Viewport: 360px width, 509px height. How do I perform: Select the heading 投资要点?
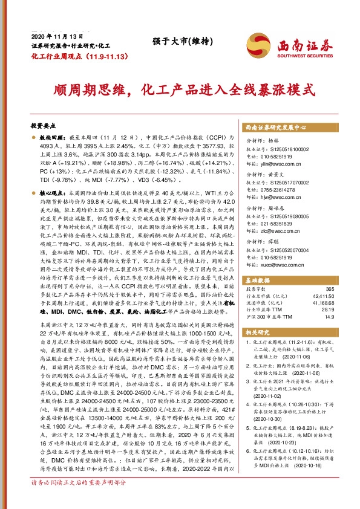coord(43,125)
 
